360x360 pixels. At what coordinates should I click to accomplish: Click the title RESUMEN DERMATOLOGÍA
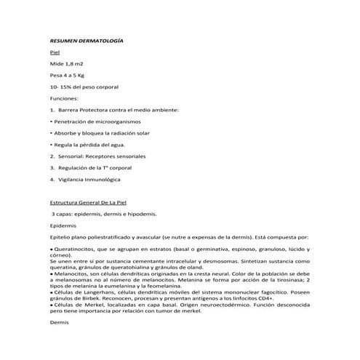(x=86, y=41)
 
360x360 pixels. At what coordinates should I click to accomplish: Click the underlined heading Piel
(x=54, y=53)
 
